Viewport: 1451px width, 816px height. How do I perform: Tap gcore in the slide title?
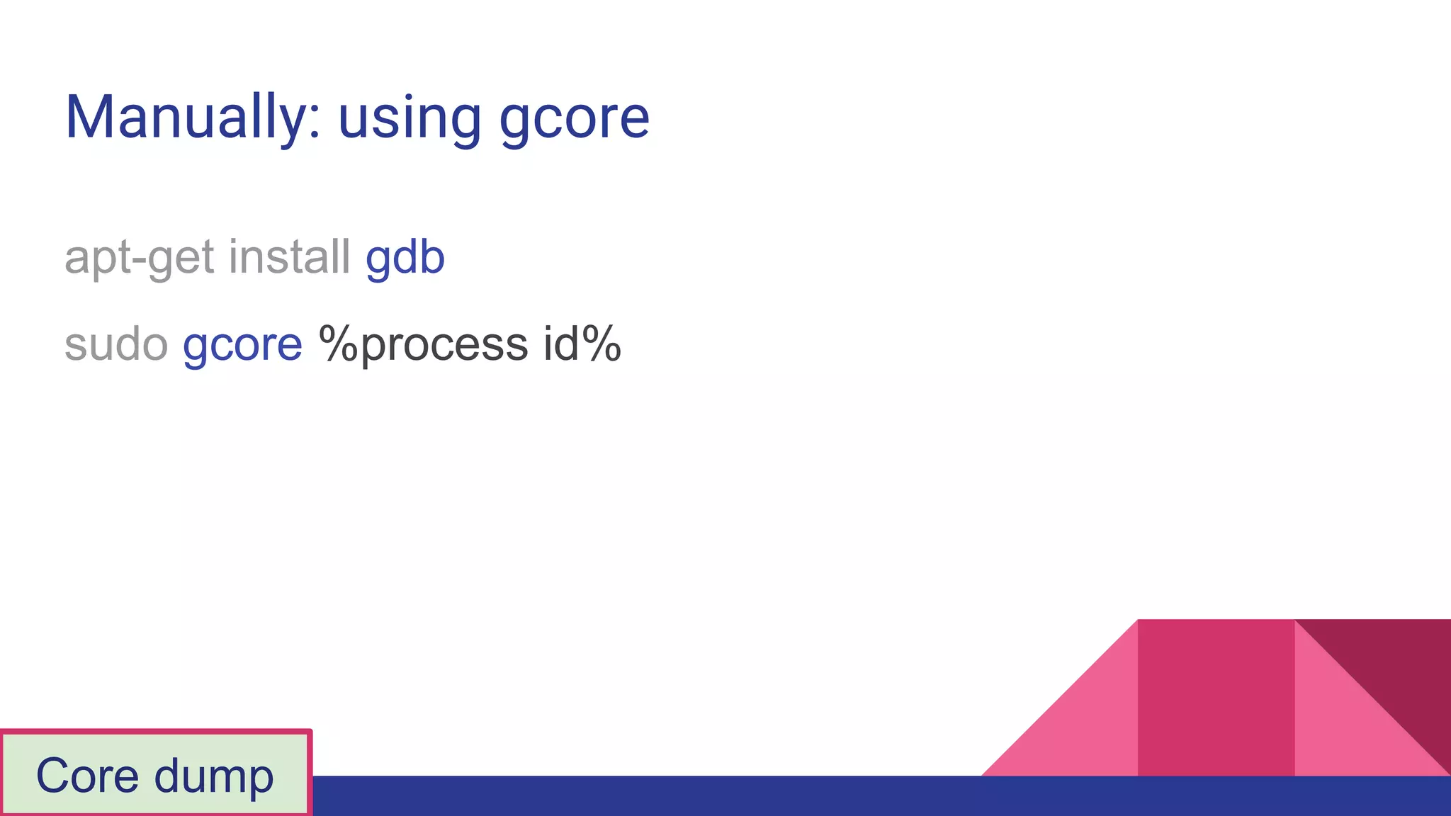574,119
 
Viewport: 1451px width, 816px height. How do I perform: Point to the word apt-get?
139,258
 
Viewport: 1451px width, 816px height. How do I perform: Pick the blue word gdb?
405,258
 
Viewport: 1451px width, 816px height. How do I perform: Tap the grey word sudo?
116,344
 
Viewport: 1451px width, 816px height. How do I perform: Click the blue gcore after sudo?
242,346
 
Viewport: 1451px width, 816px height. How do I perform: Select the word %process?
423,346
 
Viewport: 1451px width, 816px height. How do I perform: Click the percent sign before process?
339,344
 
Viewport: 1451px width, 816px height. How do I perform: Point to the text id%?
582,344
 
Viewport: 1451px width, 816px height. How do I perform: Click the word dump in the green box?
213,777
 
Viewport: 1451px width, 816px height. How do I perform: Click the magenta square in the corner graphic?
1216,697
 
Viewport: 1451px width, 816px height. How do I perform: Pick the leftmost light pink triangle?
1084,730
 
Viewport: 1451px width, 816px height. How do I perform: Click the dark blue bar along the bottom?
708,796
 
